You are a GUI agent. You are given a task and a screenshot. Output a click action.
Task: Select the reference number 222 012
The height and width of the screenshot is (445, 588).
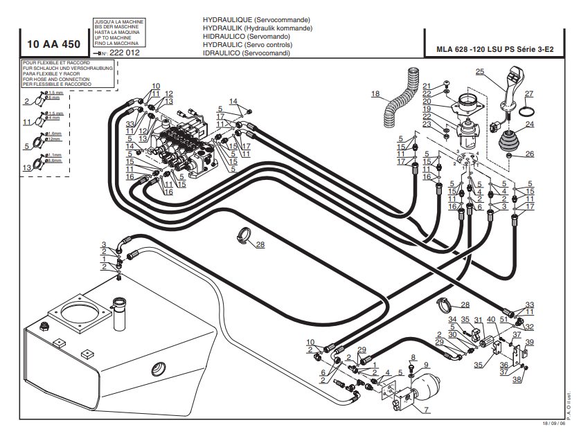pyautogui.click(x=125, y=53)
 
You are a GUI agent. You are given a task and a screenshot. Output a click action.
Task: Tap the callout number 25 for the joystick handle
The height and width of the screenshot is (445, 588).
pyautogui.click(x=479, y=71)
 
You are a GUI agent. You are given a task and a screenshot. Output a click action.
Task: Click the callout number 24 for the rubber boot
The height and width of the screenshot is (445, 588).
pyautogui.click(x=530, y=125)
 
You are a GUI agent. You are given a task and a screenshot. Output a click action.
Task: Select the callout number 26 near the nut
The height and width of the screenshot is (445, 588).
pyautogui.click(x=531, y=154)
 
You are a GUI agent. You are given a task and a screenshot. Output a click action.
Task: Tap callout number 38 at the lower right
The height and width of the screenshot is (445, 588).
pyautogui.click(x=516, y=379)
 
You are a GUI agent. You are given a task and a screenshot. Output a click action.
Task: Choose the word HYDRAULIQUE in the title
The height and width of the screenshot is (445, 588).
pyautogui.click(x=228, y=19)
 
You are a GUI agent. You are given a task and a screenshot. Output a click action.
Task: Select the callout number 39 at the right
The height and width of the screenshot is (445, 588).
pyautogui.click(x=530, y=343)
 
